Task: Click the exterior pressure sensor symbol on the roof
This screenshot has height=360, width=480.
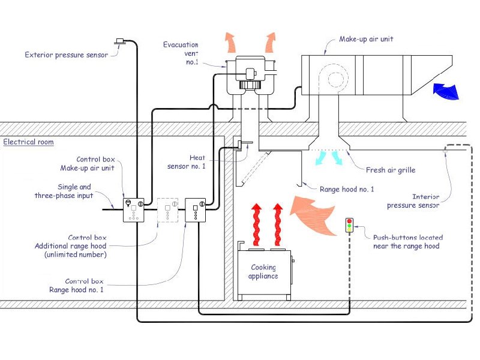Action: pyautogui.click(x=119, y=41)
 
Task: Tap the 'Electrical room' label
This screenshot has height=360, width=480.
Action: pyautogui.click(x=28, y=142)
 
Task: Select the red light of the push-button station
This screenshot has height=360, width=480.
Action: pyautogui.click(x=349, y=221)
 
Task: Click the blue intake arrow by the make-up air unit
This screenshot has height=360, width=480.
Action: pyautogui.click(x=446, y=91)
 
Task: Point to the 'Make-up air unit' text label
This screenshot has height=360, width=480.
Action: pyautogui.click(x=366, y=39)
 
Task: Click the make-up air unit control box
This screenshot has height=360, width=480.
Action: pyautogui.click(x=133, y=210)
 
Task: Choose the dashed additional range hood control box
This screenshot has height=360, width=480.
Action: pyautogui.click(x=167, y=210)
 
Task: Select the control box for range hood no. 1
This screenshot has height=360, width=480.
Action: pyautogui.click(x=196, y=210)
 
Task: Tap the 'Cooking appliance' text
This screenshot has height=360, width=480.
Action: pyautogui.click(x=263, y=272)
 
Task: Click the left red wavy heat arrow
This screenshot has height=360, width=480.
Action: pyautogui.click(x=257, y=224)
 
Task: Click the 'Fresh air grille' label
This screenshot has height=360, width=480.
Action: pyautogui.click(x=391, y=170)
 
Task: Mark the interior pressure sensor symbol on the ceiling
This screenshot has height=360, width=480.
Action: pyautogui.click(x=445, y=151)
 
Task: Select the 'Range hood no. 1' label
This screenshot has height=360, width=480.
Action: pyautogui.click(x=347, y=189)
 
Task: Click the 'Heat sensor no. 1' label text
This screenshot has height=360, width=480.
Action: pyautogui.click(x=187, y=162)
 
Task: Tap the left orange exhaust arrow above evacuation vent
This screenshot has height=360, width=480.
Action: pyautogui.click(x=230, y=43)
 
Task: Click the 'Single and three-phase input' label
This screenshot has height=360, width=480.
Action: pyautogui.click(x=64, y=191)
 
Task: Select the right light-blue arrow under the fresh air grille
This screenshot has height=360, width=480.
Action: pyautogui.click(x=337, y=158)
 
